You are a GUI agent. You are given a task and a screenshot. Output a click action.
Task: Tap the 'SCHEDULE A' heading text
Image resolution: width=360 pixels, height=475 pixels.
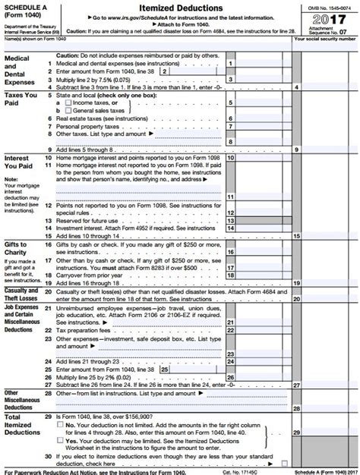click(x=26, y=5)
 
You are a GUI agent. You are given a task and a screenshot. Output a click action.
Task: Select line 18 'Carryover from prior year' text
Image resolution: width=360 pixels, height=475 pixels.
click(x=99, y=275)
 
